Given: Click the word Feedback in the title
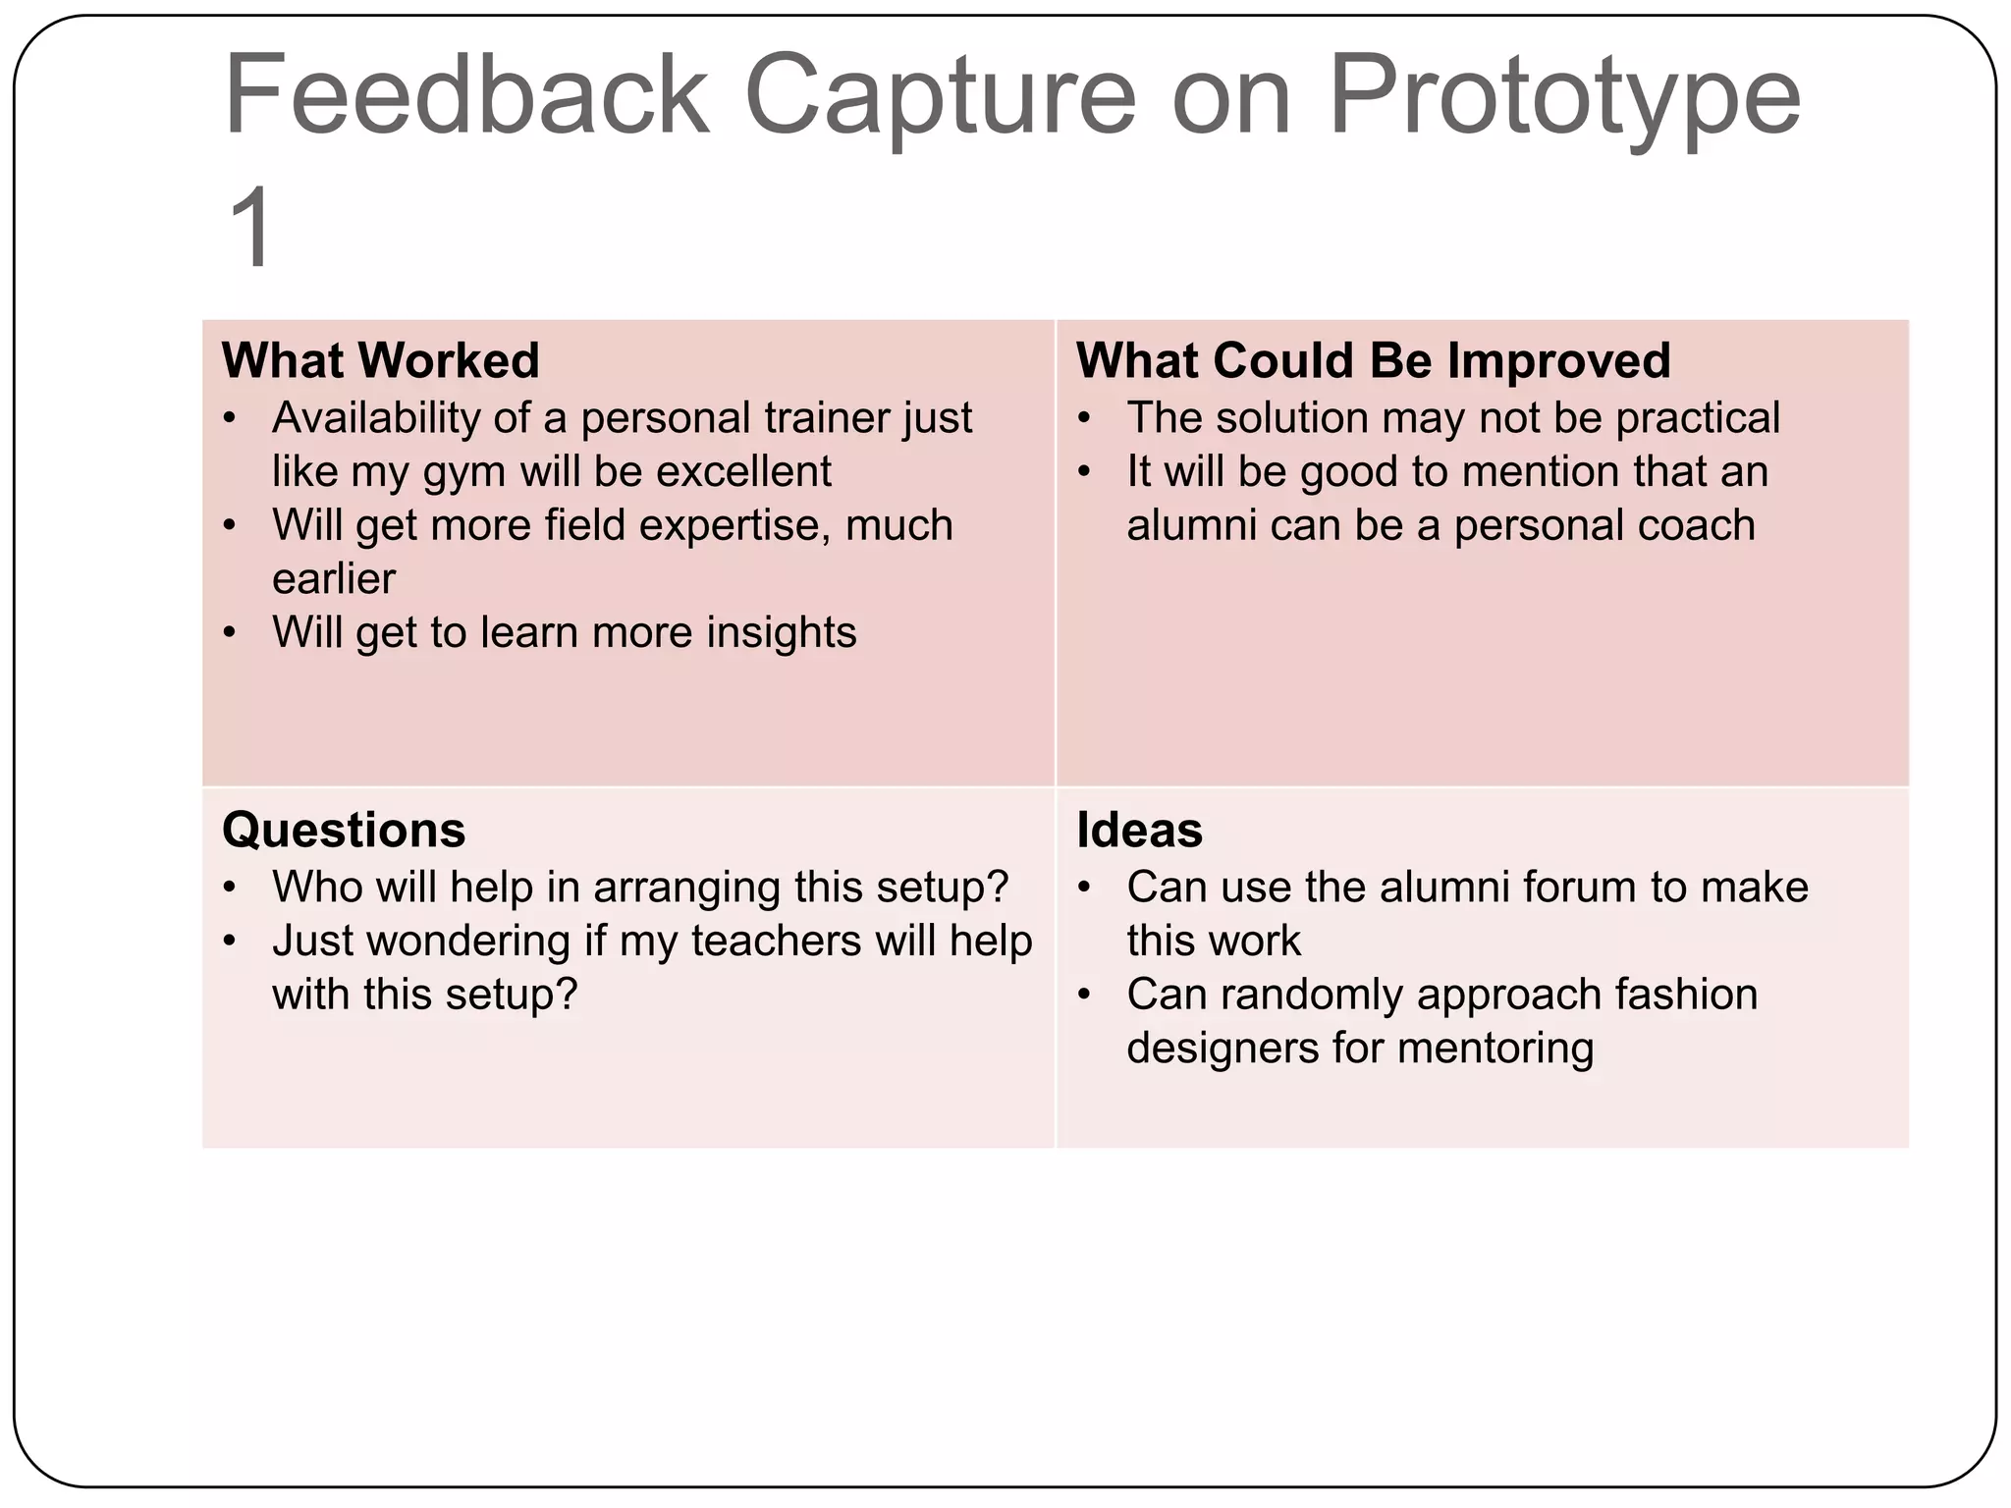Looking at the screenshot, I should (466, 95).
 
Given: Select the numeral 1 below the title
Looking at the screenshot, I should (251, 228).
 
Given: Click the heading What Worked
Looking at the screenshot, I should (381, 360).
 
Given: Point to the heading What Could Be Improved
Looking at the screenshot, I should (1373, 360).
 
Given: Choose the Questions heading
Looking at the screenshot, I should (344, 830).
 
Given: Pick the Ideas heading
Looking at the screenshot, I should (1139, 830).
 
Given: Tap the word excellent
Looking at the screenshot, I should (743, 471).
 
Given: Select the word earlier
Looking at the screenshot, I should (334, 578).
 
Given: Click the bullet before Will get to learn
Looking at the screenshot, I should (230, 633).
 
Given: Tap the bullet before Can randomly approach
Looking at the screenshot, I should (1084, 996).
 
